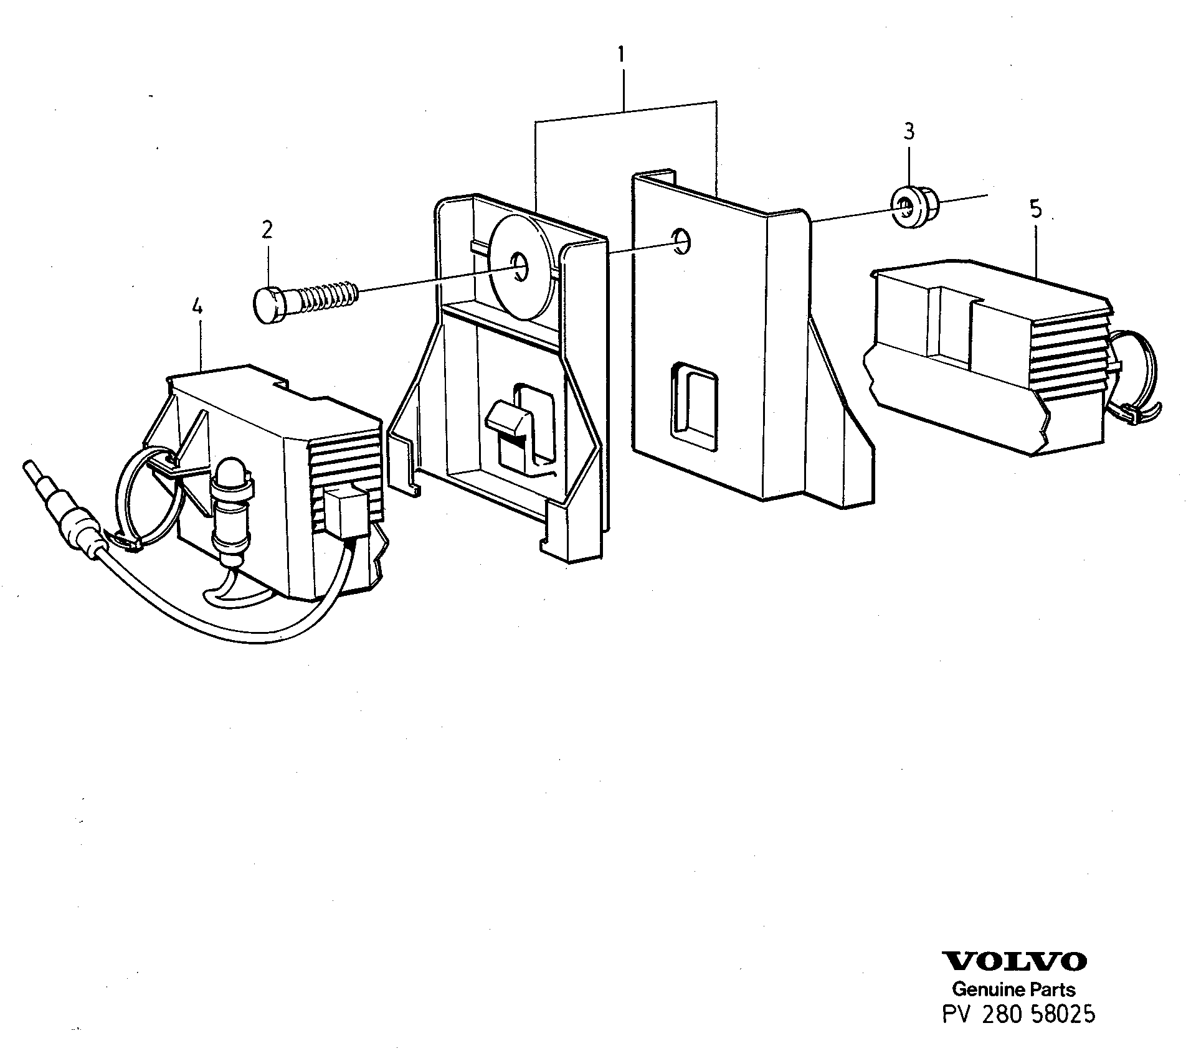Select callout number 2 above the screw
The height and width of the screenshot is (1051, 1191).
click(267, 230)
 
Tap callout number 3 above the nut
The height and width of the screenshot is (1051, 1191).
click(909, 131)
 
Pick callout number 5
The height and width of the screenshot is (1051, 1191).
click(1035, 209)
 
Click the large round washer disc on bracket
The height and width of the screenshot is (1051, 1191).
click(522, 271)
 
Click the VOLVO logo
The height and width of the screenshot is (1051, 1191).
click(1013, 978)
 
